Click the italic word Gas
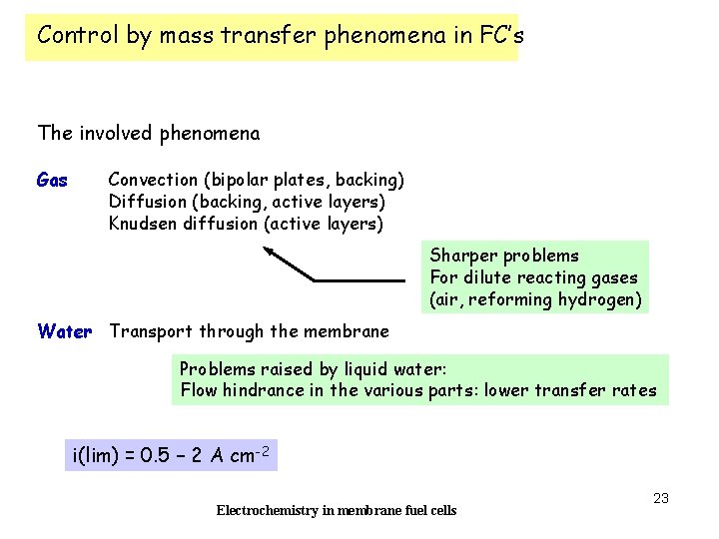tap(52, 181)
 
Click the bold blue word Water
tap(64, 331)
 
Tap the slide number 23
tap(660, 498)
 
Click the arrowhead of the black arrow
tap(271, 254)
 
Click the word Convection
tap(153, 180)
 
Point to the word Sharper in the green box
tap(460, 256)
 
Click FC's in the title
tap(498, 36)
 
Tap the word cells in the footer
tap(440, 511)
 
